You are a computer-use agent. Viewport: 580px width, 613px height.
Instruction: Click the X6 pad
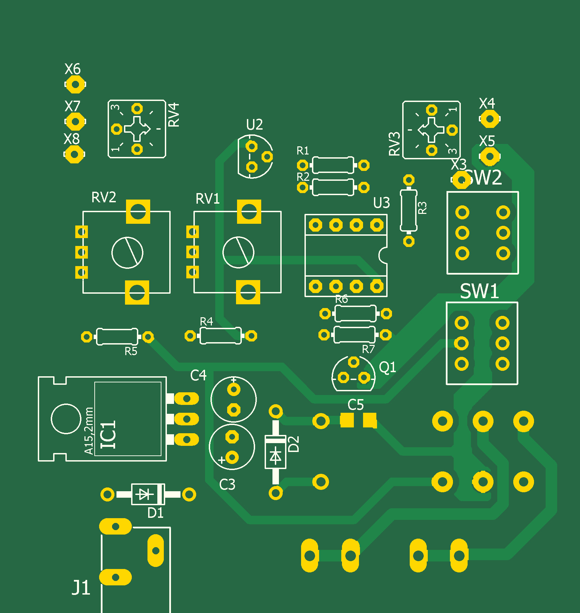75,84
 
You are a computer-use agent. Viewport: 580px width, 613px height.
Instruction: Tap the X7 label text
72,106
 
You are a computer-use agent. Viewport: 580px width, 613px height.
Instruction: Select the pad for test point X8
74,154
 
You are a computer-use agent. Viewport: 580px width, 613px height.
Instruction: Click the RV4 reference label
174,115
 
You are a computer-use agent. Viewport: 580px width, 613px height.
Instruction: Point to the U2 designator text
254,125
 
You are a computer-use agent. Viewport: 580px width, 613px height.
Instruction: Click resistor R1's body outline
333,165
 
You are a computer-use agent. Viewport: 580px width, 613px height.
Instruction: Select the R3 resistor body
409,210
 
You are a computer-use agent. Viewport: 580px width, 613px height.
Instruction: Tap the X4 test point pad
489,119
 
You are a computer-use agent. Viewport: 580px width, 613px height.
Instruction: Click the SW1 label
479,292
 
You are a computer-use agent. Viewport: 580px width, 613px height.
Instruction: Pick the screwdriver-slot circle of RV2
127,253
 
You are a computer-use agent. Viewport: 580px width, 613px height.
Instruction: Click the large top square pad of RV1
249,211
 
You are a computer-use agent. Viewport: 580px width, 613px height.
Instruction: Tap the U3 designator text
381,203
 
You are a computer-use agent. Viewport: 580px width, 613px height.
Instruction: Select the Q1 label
388,367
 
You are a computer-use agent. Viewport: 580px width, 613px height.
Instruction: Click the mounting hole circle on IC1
66,419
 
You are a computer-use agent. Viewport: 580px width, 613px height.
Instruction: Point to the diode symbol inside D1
144,494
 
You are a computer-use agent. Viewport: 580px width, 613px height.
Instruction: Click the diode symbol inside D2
275,455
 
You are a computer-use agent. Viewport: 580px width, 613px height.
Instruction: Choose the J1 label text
81,587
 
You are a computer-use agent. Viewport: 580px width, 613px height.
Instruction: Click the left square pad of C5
347,420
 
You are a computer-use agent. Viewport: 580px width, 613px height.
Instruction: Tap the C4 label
198,376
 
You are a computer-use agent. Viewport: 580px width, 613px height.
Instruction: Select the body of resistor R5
117,337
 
